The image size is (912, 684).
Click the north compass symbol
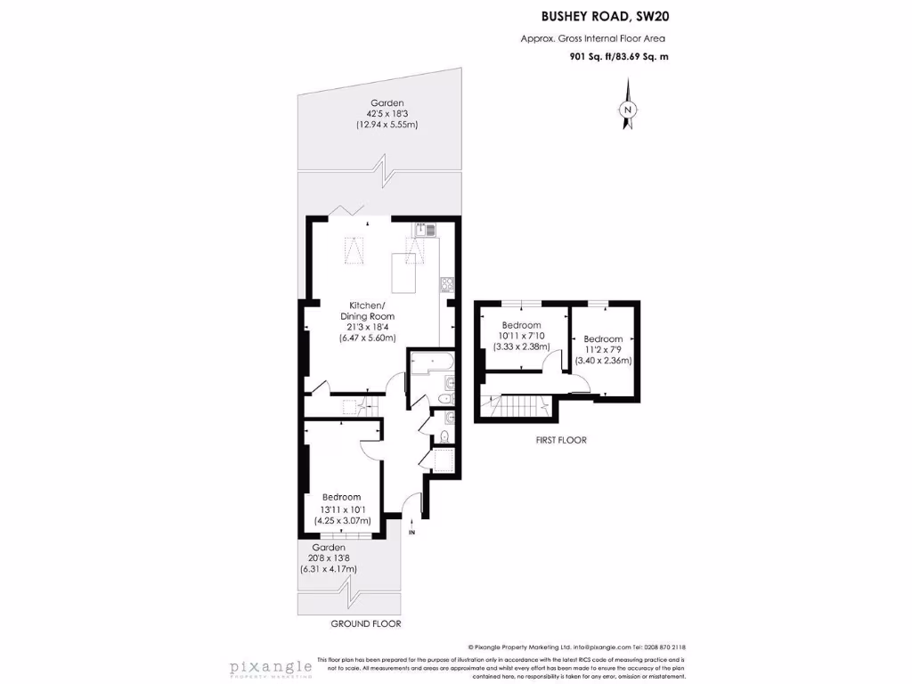pos(629,109)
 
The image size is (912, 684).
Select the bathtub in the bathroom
pos(432,362)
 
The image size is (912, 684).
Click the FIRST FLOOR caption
pos(561,440)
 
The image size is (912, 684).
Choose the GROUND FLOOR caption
pos(365,623)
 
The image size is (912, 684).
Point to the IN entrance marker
pos(411,533)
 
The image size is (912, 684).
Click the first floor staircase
pos(517,408)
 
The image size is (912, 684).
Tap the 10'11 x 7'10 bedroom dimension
pos(521,336)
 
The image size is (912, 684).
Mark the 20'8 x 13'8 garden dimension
pos(328,558)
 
